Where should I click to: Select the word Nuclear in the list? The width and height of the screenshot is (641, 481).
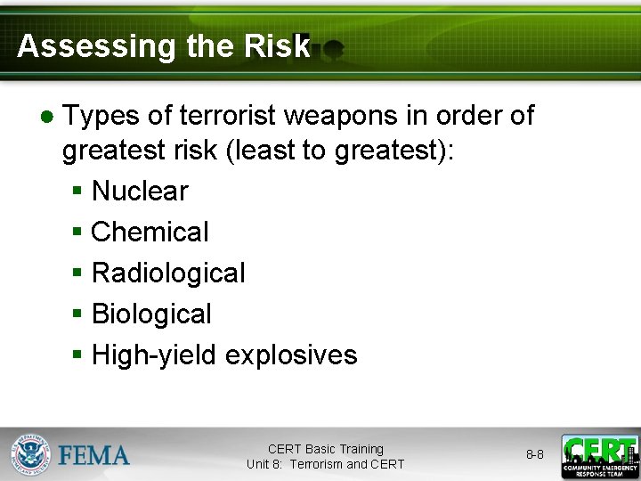click(140, 192)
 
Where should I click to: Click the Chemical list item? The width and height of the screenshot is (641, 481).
click(150, 232)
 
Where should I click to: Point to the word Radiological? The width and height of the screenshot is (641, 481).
click(168, 273)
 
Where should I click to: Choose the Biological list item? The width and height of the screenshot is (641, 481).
click(151, 314)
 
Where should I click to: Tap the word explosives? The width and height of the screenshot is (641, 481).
click(291, 355)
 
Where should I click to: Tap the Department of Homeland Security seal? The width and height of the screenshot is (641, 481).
click(30, 454)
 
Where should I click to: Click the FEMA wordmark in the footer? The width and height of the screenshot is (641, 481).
click(94, 456)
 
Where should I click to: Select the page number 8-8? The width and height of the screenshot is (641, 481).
click(534, 454)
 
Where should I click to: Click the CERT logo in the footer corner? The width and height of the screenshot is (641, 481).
click(599, 456)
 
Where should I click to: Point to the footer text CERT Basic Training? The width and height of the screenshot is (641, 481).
click(325, 449)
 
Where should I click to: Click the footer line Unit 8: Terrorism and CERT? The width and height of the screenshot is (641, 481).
click(325, 464)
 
